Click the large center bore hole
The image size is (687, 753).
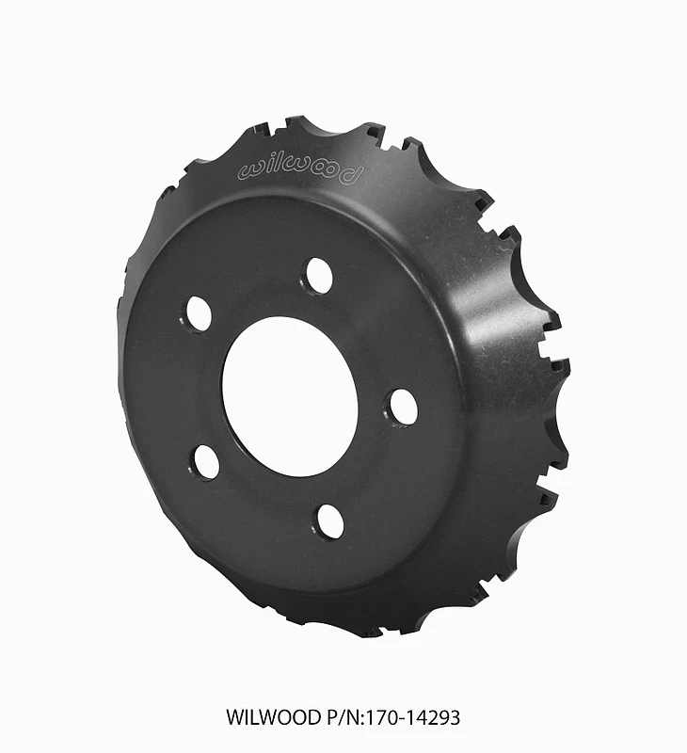[289, 396]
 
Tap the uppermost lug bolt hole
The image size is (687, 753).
[318, 275]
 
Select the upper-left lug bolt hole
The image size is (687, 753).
[199, 313]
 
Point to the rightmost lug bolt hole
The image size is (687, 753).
[402, 407]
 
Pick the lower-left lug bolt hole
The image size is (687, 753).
[205, 461]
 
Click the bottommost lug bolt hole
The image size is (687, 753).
[329, 521]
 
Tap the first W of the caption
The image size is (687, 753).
[234, 716]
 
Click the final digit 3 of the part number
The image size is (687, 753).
[455, 716]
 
